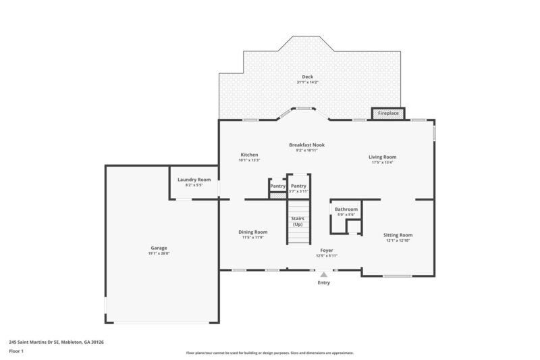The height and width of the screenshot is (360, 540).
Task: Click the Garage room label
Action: (159, 248)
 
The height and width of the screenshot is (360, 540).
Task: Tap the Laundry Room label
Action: (194, 180)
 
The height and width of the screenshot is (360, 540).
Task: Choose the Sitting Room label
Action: (398, 234)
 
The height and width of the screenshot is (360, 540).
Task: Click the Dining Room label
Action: (253, 232)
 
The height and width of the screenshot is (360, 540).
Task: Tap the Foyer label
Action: (327, 250)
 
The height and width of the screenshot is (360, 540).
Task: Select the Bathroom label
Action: (346, 209)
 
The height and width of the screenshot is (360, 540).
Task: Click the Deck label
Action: (307, 76)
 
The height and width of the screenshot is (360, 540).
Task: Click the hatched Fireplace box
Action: (387, 113)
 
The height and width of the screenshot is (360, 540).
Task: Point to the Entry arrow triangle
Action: (324, 274)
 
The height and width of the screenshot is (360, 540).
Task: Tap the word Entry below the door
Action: (324, 283)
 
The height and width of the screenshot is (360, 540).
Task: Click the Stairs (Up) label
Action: (298, 221)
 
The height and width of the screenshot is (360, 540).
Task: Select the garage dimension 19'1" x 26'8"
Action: (159, 254)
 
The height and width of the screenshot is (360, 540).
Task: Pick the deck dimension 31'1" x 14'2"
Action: (307, 82)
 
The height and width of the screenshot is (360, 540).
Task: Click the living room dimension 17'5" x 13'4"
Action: (382, 163)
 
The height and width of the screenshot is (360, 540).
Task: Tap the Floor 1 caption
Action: (17, 351)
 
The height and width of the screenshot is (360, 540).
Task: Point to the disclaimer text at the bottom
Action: (270, 353)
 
